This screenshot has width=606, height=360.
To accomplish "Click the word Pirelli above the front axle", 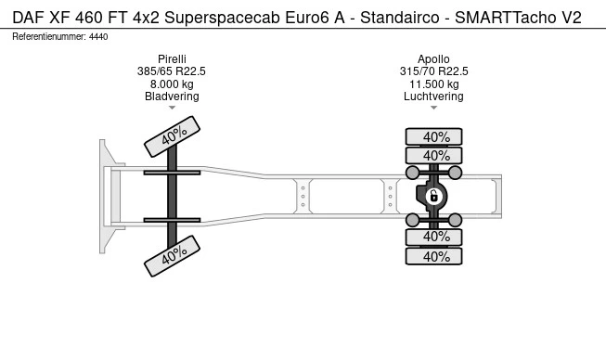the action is (172, 59).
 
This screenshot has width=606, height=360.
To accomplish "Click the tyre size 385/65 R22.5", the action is (171, 71).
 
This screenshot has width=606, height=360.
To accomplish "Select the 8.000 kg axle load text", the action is (172, 84).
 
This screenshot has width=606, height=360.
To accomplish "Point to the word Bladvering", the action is (172, 96).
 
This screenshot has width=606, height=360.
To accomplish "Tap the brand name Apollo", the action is (433, 59).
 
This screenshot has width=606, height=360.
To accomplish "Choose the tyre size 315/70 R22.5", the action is (433, 71).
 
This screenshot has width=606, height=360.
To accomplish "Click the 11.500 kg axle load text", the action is (434, 84).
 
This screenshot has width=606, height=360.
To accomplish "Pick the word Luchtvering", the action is (433, 96).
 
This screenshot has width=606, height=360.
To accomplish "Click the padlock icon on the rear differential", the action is (433, 196).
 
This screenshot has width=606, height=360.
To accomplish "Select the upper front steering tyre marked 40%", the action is (172, 136).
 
